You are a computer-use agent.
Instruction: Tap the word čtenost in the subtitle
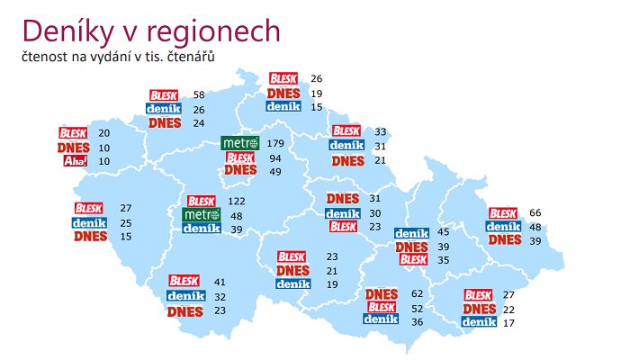(x=49, y=57)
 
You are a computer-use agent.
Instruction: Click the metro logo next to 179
(x=240, y=143)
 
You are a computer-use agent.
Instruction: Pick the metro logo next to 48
(x=202, y=215)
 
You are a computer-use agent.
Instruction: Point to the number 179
(x=275, y=143)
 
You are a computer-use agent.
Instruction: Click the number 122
(x=237, y=202)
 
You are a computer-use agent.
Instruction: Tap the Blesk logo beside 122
(x=202, y=202)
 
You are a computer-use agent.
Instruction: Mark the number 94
(x=275, y=157)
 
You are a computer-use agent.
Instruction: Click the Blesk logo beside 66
(x=504, y=213)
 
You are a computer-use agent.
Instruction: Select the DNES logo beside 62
(x=382, y=294)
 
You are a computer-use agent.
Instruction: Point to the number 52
(x=417, y=308)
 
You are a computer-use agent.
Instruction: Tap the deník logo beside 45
(x=411, y=233)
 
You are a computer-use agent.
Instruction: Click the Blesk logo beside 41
(x=185, y=282)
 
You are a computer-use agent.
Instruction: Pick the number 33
(x=381, y=131)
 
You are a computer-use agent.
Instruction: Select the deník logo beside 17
(x=479, y=322)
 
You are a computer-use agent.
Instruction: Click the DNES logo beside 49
(x=240, y=171)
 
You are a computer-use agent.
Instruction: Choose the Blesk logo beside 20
(x=74, y=133)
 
